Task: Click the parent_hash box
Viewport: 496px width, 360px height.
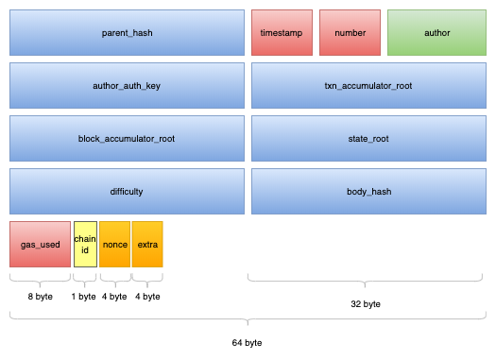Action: (x=127, y=33)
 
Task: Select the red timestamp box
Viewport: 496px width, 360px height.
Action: (x=281, y=33)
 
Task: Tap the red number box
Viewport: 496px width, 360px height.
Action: (x=349, y=33)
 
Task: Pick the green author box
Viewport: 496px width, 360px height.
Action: (x=436, y=33)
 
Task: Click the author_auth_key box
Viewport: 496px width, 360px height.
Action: (x=127, y=86)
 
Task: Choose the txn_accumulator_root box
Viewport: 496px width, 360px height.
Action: (x=368, y=86)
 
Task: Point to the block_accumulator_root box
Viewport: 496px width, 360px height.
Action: (x=127, y=139)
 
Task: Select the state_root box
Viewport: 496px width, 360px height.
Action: (x=368, y=139)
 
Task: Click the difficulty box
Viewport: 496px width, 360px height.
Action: (x=127, y=192)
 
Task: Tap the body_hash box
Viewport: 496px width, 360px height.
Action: (x=368, y=192)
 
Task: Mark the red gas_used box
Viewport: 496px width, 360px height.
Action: (x=40, y=244)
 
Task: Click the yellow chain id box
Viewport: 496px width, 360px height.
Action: (x=85, y=244)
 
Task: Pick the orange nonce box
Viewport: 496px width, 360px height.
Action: (x=114, y=244)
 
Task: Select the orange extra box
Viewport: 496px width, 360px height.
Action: (x=147, y=244)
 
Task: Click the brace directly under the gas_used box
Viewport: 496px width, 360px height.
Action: (x=40, y=280)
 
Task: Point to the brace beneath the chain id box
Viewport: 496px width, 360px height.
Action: (x=85, y=280)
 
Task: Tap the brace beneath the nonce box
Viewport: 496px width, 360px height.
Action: (x=114, y=280)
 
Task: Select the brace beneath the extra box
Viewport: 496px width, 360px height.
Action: (x=147, y=280)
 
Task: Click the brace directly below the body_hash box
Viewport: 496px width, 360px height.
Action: (x=368, y=280)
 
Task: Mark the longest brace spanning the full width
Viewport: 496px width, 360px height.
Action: (x=248, y=318)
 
